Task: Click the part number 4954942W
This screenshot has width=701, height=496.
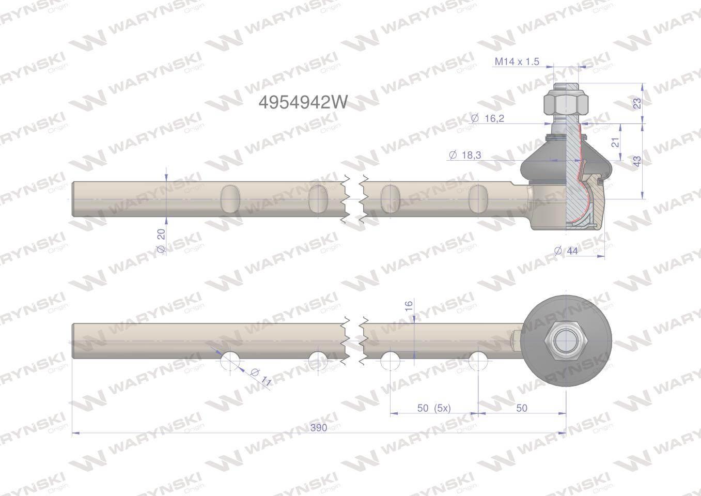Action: click(x=303, y=102)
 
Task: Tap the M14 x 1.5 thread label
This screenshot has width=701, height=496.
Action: click(x=517, y=61)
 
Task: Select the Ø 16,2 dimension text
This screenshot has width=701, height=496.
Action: click(x=488, y=118)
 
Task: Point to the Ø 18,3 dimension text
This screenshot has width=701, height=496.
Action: click(x=465, y=155)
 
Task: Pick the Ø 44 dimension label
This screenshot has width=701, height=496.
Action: click(x=566, y=251)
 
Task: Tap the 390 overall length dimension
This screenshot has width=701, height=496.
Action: click(x=319, y=427)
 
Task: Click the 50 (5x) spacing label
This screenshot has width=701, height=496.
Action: click(x=434, y=408)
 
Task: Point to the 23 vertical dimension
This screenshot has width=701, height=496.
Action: click(x=637, y=103)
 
